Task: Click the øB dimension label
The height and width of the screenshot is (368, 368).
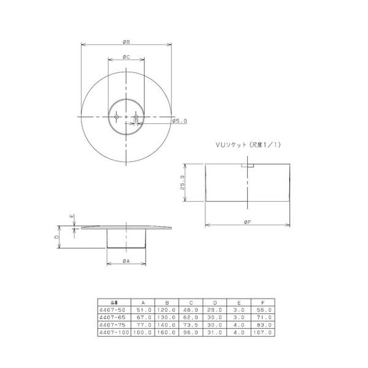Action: click(x=126, y=41)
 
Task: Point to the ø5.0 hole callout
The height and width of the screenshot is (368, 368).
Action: click(x=178, y=121)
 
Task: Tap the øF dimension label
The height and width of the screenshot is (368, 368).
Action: click(x=247, y=222)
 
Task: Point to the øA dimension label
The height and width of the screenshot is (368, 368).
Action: click(x=126, y=260)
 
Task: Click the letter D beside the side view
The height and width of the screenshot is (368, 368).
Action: click(x=56, y=237)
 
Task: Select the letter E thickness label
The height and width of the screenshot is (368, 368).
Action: click(x=71, y=216)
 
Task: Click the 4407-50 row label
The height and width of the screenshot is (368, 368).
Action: click(x=112, y=310)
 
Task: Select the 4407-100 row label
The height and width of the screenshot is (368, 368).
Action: click(x=113, y=332)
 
